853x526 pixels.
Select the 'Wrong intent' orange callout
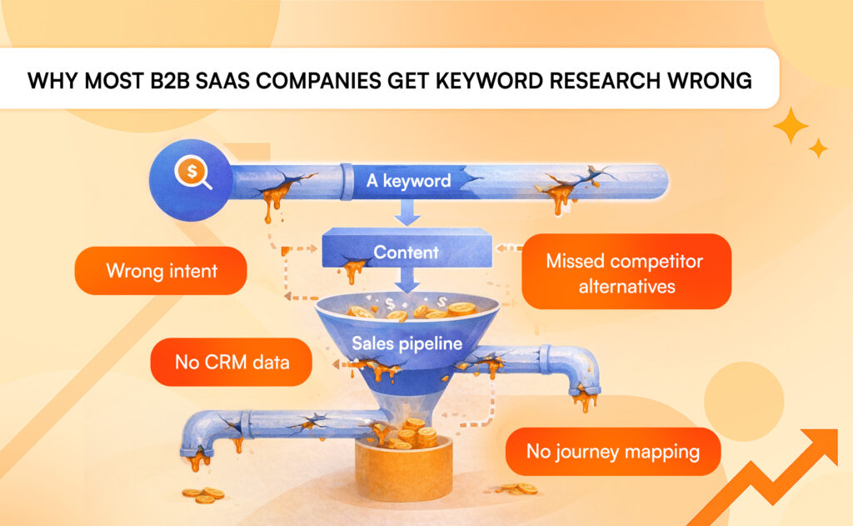click(x=160, y=271)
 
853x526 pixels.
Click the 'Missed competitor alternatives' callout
click(x=625, y=272)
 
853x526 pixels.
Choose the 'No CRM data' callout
click(x=232, y=363)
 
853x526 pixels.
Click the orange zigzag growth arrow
click(x=775, y=483)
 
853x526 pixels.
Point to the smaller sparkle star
click(x=819, y=148)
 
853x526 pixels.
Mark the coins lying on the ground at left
click(x=202, y=495)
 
